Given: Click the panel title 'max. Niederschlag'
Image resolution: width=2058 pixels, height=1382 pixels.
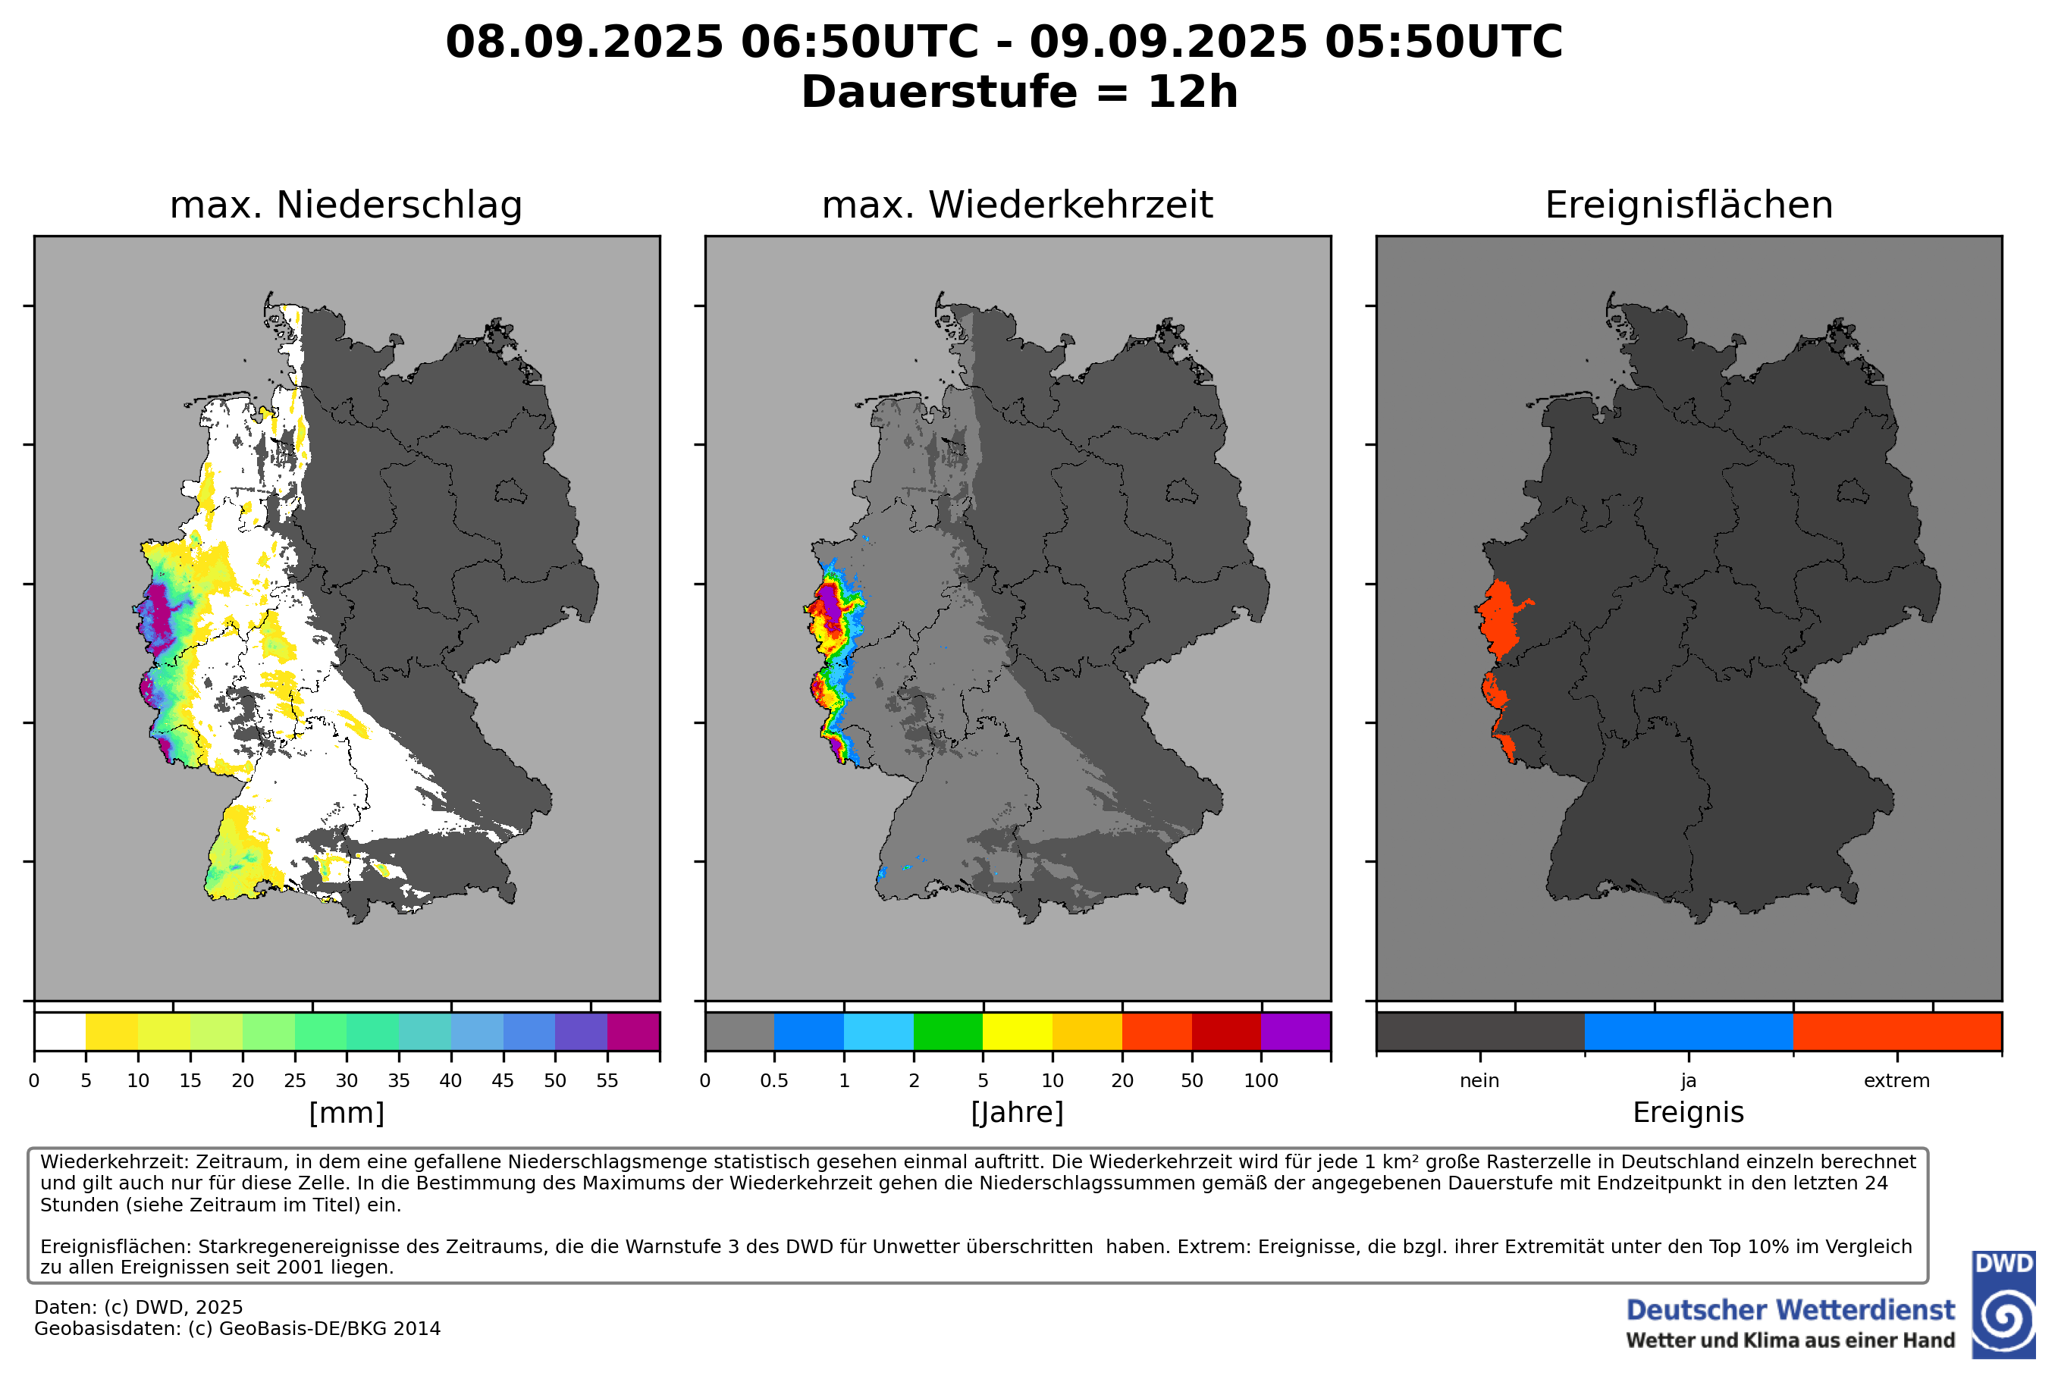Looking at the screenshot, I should click(x=346, y=205).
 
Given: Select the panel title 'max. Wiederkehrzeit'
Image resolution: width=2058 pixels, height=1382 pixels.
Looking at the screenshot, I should click(x=1017, y=205).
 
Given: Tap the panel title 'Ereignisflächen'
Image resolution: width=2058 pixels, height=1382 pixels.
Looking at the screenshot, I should click(x=1689, y=205).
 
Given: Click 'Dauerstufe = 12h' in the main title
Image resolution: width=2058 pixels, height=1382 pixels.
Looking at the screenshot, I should click(x=1019, y=92).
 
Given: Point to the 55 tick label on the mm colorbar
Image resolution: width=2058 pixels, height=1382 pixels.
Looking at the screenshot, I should click(x=607, y=1080).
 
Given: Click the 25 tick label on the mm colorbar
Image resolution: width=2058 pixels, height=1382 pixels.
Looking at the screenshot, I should click(x=294, y=1080).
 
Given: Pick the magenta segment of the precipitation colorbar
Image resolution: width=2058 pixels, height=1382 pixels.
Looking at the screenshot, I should click(x=633, y=1032).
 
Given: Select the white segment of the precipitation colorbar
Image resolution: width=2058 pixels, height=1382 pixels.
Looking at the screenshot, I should click(x=60, y=1032).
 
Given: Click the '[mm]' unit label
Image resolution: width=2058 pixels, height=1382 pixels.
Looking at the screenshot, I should click(x=347, y=1113).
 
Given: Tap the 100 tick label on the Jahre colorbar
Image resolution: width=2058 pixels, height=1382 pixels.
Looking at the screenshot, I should click(x=1260, y=1080).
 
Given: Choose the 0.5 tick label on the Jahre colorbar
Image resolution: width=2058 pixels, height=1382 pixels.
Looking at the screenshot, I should click(x=774, y=1080).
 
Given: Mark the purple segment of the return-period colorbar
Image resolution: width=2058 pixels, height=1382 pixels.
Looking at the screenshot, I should click(x=1296, y=1032).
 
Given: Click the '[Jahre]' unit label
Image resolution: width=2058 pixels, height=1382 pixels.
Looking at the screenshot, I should click(x=1017, y=1113).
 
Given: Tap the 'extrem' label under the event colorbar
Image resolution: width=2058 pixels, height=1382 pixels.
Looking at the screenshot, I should click(x=1896, y=1080).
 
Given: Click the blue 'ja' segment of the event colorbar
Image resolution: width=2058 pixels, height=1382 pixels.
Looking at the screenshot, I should click(x=1689, y=1032).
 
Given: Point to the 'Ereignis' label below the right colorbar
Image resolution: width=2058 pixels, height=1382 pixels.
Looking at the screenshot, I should click(x=1689, y=1112).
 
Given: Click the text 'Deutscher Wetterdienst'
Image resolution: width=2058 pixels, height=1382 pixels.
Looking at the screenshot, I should click(x=1790, y=1311).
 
